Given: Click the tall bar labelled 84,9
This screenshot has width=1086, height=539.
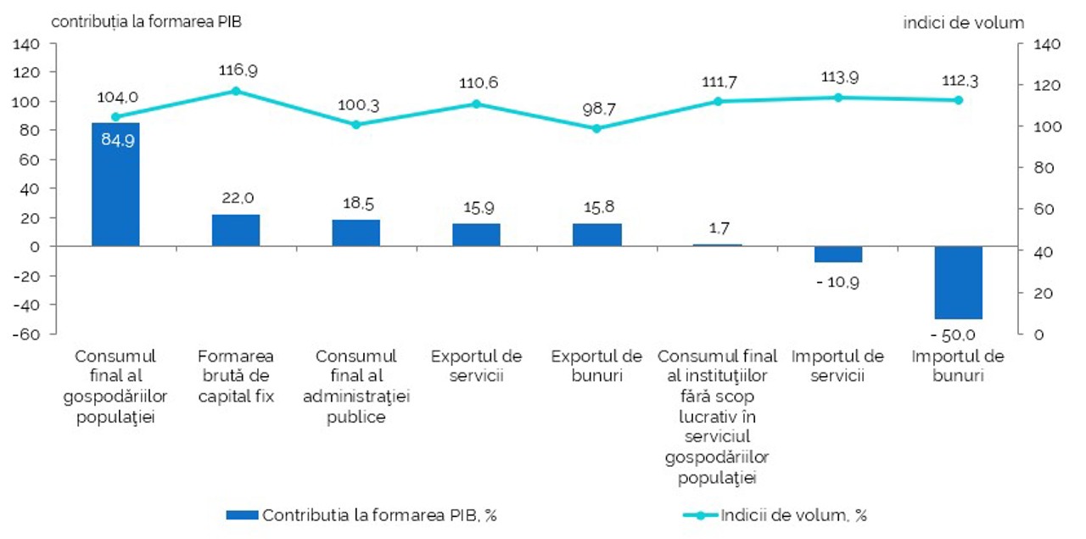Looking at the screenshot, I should (x=115, y=184).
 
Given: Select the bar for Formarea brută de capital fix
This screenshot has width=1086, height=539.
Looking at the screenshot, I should (x=236, y=230).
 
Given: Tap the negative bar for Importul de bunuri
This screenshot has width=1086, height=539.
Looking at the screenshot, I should (x=958, y=283).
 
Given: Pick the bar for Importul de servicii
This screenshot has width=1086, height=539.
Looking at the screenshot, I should (x=837, y=255).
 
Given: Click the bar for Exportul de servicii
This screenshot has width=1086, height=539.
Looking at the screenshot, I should (x=476, y=235).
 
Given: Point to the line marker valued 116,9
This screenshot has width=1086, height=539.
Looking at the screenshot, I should (x=236, y=91).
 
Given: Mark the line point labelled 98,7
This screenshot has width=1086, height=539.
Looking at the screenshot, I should (x=596, y=128).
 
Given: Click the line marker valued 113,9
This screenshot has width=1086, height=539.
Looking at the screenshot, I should (x=838, y=97).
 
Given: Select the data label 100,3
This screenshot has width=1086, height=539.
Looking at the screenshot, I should (x=356, y=105).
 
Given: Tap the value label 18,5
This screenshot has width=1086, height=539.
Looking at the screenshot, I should (x=356, y=204).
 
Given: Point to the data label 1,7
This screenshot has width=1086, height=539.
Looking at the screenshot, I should (x=717, y=227).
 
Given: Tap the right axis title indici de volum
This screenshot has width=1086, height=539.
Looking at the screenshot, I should (x=963, y=23).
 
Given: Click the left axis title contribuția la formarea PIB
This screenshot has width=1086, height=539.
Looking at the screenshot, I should (x=147, y=22).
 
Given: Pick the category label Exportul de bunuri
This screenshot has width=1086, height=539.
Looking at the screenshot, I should (x=596, y=365).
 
